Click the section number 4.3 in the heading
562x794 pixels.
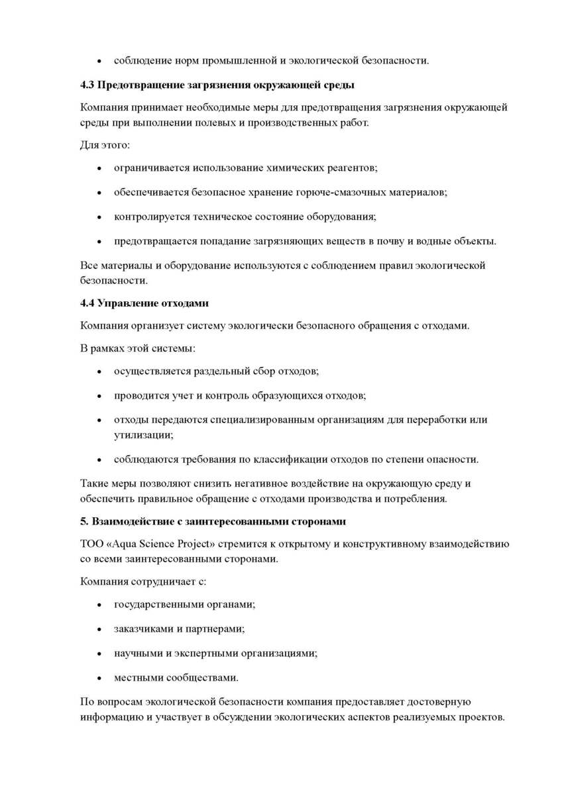pos(87,85)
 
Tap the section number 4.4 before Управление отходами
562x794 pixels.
pos(87,303)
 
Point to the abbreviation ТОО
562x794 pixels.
pos(91,545)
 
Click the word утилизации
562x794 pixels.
pos(142,436)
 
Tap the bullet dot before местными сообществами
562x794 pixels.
pos(99,678)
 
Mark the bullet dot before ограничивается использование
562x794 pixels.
pos(99,169)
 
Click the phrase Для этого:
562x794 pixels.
pos(105,144)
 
